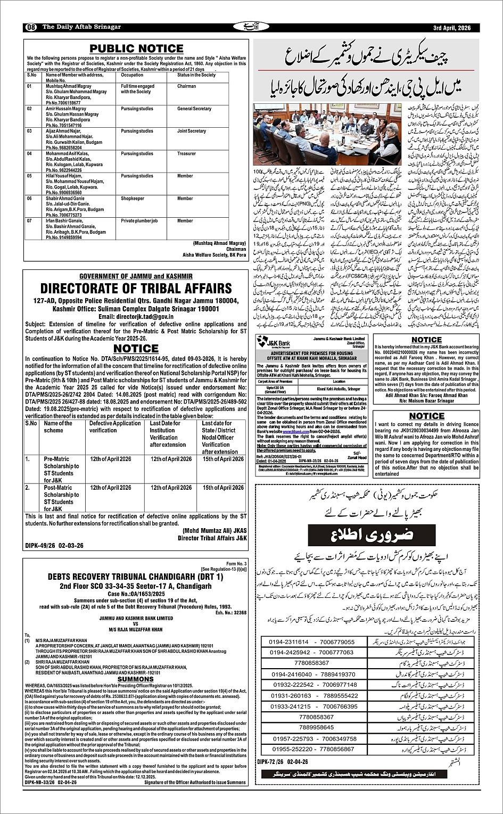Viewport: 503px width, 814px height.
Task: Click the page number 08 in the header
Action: (x=31, y=28)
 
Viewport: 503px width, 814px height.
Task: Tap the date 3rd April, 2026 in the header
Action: (x=452, y=28)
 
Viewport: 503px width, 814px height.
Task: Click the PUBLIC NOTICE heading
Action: (x=136, y=48)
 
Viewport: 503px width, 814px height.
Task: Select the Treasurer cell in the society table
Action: (x=186, y=154)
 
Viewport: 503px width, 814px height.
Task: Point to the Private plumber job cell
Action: (x=139, y=221)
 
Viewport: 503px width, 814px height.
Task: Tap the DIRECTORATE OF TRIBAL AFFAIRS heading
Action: (x=136, y=289)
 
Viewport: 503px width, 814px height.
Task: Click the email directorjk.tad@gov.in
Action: (x=136, y=316)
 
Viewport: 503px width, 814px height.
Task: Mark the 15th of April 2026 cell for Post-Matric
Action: (x=223, y=488)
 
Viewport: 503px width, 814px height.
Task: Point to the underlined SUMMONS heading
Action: (x=136, y=679)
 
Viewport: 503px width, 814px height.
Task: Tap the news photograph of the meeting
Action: (x=326, y=134)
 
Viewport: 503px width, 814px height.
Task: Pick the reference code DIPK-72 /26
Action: (x=275, y=762)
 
